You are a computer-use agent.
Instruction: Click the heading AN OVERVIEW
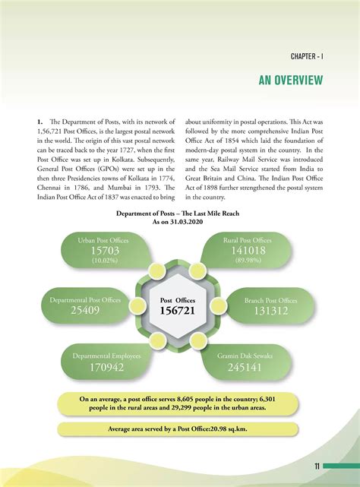point(291,80)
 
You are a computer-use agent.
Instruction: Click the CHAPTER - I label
point(306,57)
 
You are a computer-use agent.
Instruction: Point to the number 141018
point(251,251)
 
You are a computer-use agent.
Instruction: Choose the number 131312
point(271,310)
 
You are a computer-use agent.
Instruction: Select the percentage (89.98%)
point(252,260)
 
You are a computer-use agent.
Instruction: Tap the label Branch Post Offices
point(271,299)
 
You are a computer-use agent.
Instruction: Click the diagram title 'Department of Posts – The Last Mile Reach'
point(180,215)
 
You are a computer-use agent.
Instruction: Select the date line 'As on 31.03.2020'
point(180,223)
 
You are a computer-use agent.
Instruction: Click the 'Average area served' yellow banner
point(180,429)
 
